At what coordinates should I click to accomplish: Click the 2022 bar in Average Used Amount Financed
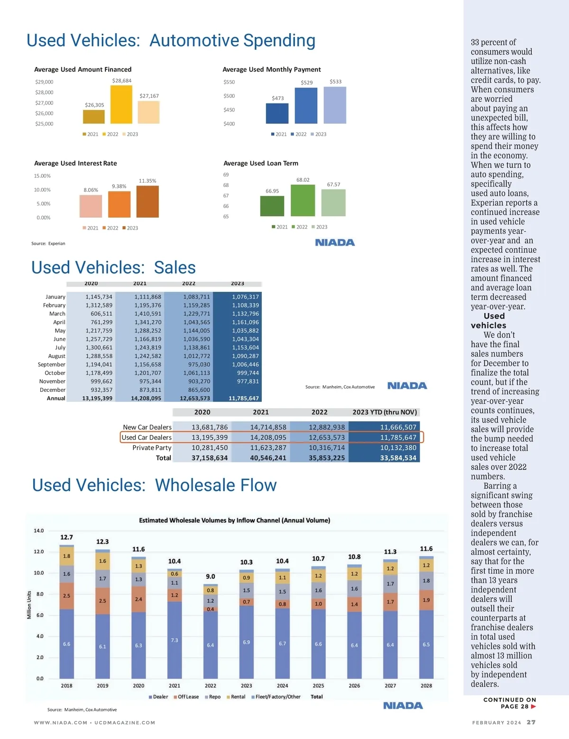(121, 104)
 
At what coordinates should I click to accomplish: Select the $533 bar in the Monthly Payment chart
(335, 105)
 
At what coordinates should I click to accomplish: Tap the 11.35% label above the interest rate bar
(147, 181)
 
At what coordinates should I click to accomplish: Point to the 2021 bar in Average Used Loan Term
(272, 206)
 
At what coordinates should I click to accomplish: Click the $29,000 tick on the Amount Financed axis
(44, 82)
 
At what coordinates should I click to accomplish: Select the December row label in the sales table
(53, 390)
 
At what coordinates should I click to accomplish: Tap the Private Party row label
(152, 448)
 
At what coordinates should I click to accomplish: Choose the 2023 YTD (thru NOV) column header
(385, 412)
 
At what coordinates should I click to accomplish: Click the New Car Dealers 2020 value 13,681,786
(210, 427)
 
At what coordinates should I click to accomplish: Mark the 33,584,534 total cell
(398, 458)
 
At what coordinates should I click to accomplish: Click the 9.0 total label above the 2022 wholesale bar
(211, 576)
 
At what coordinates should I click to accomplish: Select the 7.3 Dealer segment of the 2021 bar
(174, 640)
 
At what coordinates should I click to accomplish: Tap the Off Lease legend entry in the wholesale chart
(186, 697)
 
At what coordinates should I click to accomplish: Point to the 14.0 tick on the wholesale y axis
(39, 531)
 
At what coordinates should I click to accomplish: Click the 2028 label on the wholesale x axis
(426, 686)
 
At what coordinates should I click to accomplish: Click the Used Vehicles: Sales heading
(113, 268)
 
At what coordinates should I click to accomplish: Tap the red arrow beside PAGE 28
(533, 707)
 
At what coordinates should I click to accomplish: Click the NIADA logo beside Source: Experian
(335, 243)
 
